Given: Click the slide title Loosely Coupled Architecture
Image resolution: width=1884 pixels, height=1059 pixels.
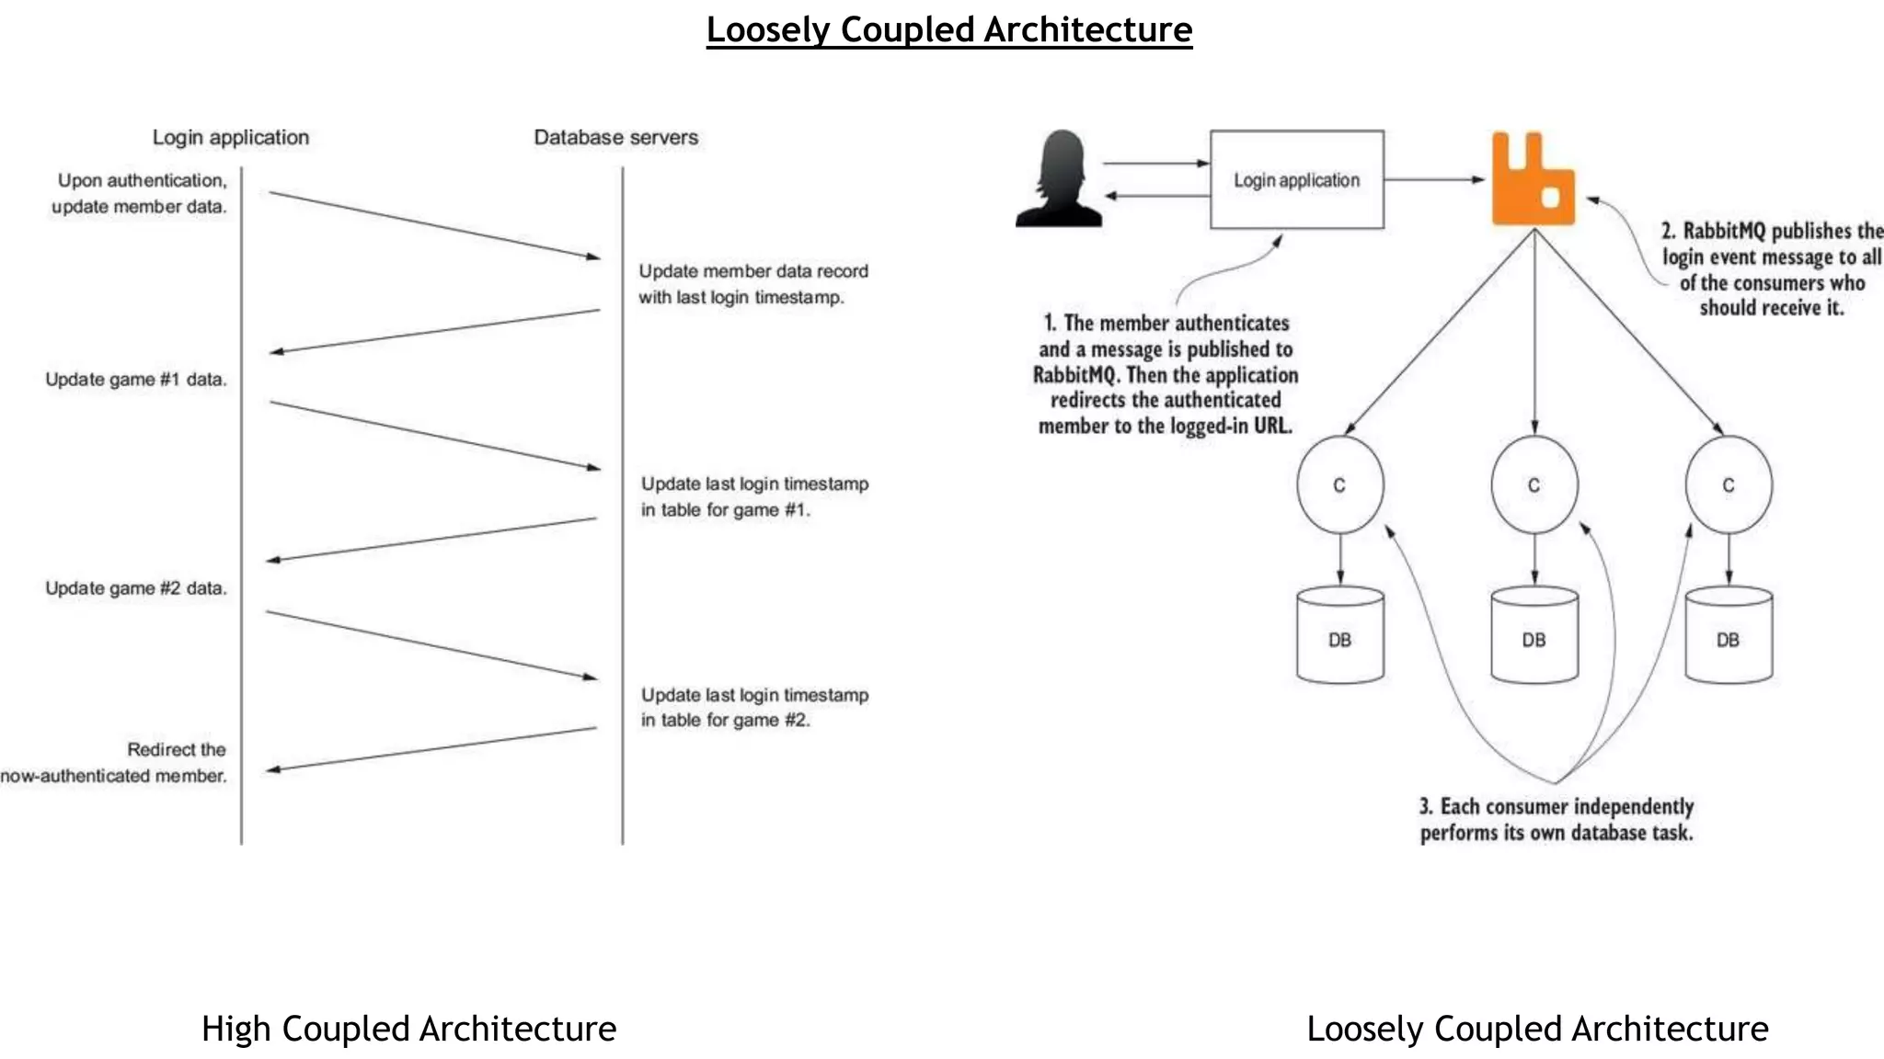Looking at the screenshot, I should [948, 29].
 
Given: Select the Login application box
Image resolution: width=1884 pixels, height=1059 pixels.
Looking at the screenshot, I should [1296, 180].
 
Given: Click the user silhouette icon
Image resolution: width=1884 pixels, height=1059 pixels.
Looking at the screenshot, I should [1060, 180].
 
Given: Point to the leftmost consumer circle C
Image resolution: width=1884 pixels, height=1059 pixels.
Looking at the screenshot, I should [1339, 485].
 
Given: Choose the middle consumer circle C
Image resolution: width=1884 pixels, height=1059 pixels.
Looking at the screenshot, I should [1534, 485].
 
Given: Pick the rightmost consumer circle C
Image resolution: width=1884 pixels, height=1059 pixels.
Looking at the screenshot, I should [1728, 485].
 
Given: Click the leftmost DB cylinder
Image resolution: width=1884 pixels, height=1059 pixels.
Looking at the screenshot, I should [1339, 636].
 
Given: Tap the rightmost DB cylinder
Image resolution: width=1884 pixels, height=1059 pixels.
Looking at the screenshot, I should [1728, 636].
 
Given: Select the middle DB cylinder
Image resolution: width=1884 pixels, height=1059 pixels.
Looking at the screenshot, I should [1534, 636].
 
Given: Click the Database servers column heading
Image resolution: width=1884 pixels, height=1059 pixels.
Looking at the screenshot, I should [615, 138].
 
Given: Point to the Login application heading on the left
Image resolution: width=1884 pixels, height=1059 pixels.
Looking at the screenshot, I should [230, 138].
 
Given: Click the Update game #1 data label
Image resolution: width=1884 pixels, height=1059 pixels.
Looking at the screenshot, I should [135, 380].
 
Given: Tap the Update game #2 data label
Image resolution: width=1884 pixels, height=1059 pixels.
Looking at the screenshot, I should [135, 588].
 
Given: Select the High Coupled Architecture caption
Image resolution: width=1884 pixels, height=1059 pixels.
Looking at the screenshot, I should [408, 1029].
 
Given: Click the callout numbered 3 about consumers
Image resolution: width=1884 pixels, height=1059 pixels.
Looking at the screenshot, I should [1556, 819].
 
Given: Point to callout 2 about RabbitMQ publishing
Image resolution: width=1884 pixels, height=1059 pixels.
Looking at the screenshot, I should [1771, 269].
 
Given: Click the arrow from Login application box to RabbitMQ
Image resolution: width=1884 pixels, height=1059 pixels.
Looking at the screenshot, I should [1433, 180].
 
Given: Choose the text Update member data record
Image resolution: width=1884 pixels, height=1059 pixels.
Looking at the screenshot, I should [752, 272].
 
